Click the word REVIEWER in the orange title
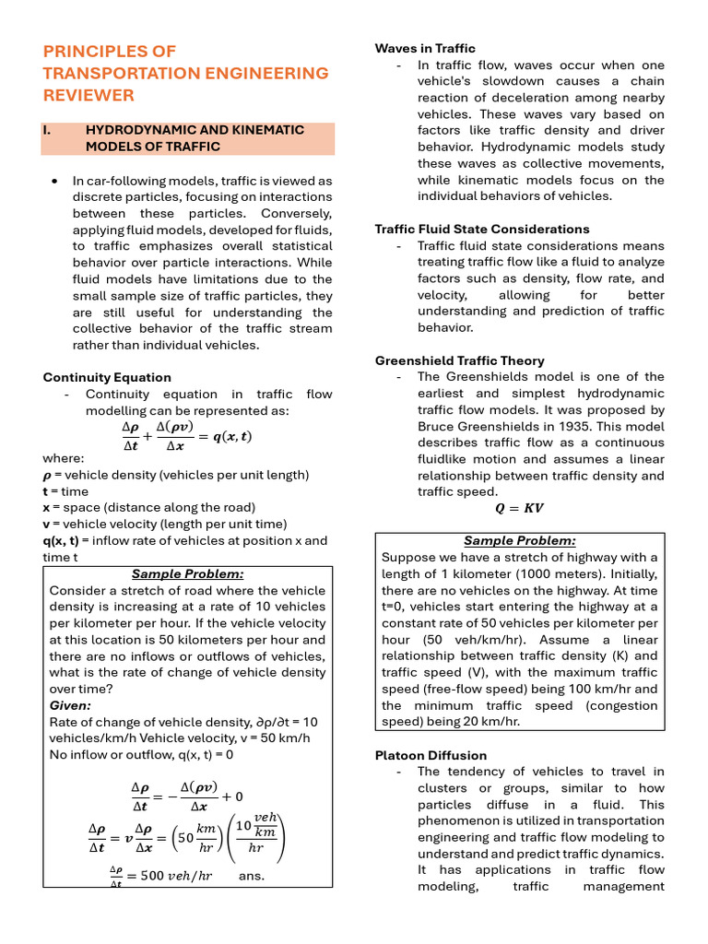tap(88, 95)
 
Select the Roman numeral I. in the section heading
tap(47, 130)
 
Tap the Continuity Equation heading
tap(107, 377)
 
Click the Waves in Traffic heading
tap(425, 48)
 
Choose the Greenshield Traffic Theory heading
tap(460, 360)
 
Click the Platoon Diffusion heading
tap(431, 755)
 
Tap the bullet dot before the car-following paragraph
tap(56, 181)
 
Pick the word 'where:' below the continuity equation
tap(64, 458)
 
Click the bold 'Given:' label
tap(70, 705)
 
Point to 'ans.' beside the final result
tap(251, 875)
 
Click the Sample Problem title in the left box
tap(187, 573)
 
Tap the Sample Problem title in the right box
tap(519, 541)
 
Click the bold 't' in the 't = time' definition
tap(46, 491)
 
